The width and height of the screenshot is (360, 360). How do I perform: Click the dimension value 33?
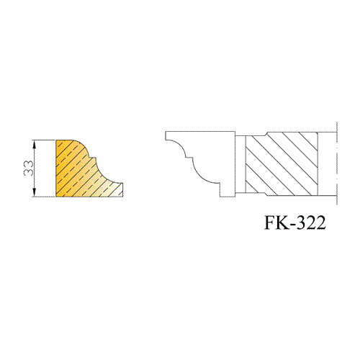tap(28, 168)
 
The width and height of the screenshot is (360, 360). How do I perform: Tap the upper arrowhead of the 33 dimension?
tap(35, 145)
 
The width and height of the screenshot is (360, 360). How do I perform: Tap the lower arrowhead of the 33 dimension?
tap(35, 192)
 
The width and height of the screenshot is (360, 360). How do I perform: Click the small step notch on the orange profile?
tap(93, 158)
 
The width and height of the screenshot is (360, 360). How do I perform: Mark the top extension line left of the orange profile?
tap(44, 140)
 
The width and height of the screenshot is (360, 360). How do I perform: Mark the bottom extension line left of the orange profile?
tap(44, 197)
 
